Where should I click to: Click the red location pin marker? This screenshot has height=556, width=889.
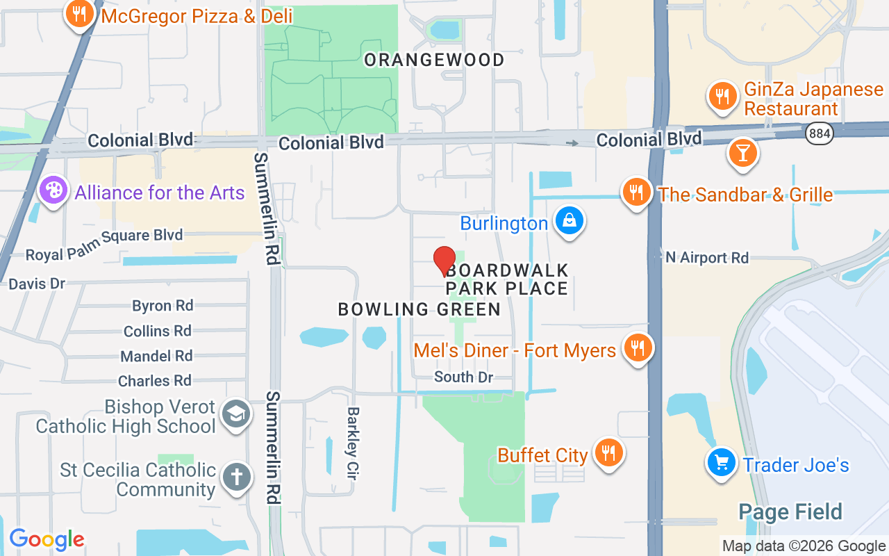pos(444,261)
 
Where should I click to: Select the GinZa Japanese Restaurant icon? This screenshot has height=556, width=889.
pos(723,96)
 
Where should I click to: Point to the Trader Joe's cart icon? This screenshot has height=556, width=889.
pos(722,462)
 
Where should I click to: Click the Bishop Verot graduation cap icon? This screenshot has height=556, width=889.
pos(235,415)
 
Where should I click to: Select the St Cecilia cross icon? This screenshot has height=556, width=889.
pos(235,477)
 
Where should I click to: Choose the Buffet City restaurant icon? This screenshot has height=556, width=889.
pos(609,453)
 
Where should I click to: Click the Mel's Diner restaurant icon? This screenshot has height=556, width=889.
pos(637,348)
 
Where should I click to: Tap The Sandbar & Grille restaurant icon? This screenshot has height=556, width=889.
pos(636,192)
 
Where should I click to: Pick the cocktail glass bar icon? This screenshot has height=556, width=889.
pos(742,153)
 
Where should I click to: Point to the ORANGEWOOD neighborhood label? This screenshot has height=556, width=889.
pos(434,60)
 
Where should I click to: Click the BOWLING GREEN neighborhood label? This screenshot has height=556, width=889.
pos(419,309)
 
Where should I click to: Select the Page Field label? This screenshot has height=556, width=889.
pos(790,512)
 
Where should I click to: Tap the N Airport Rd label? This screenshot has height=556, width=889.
pos(707,258)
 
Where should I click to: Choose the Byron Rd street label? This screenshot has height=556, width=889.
pos(163,306)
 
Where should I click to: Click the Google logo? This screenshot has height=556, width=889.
pos(47,539)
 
